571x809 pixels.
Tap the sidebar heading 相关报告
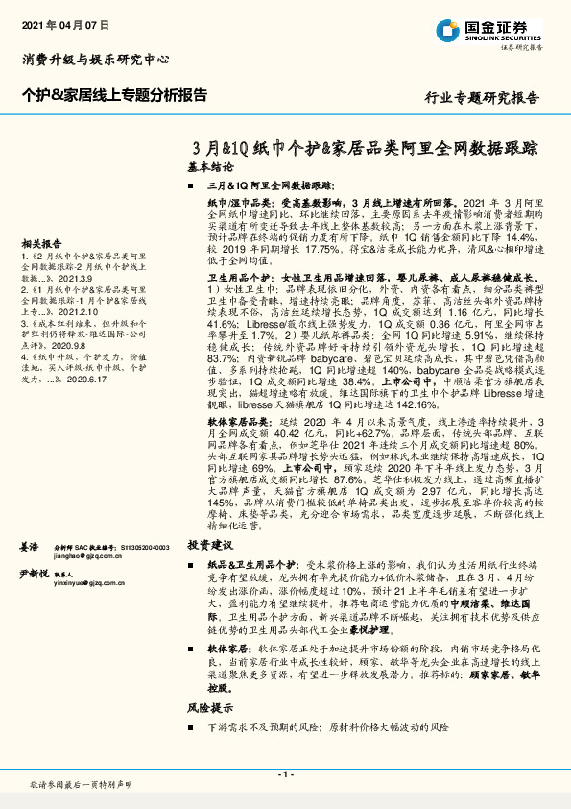click(41, 244)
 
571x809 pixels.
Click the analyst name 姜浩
click(30, 546)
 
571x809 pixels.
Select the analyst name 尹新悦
click(35, 574)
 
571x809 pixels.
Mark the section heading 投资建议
click(209, 543)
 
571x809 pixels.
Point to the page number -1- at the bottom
click(285, 774)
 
